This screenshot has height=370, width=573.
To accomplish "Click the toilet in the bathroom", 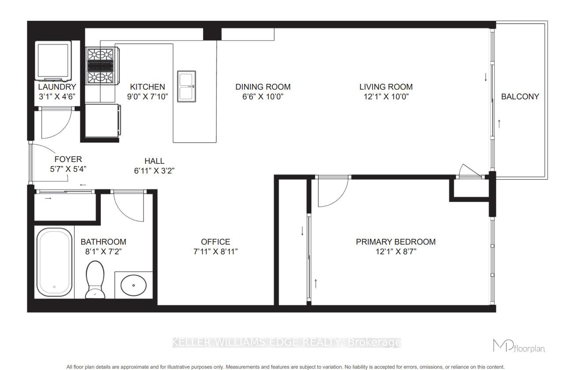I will click(x=94, y=279).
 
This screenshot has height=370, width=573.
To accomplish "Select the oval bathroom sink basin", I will click(x=134, y=287).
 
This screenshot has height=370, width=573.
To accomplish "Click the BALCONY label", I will click(x=520, y=97).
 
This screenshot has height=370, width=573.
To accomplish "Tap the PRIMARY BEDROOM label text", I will click(x=396, y=242).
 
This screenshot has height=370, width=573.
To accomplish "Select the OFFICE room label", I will click(x=215, y=242).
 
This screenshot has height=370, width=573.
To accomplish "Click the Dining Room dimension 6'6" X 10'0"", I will click(x=263, y=97).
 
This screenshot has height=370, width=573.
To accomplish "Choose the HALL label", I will click(x=154, y=161).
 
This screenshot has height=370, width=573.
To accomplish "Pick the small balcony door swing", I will click(x=469, y=171).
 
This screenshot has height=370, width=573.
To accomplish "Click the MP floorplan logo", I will click(x=519, y=345).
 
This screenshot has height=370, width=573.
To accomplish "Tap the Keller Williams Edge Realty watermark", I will click(x=286, y=342).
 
